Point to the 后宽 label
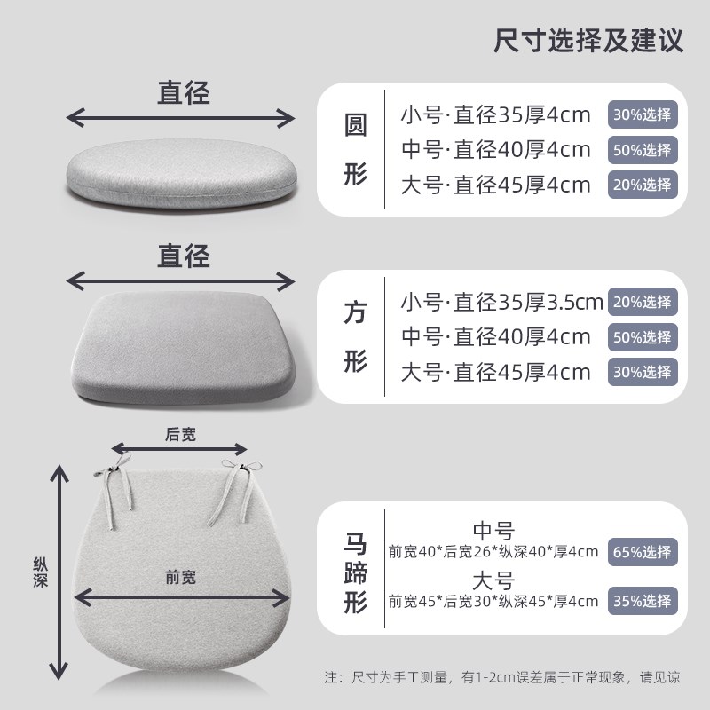[180, 434]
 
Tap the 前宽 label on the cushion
[180, 578]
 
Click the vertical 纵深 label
[39, 572]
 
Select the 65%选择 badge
[643, 552]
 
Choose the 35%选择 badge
[643, 601]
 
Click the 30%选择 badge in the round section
[643, 114]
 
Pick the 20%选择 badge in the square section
[643, 302]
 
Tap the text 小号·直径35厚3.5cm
[501, 302]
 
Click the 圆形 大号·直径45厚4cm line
[495, 185]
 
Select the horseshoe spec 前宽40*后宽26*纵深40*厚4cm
[493, 552]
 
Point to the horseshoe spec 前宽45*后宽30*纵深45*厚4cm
[493, 601]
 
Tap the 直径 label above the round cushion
[184, 93]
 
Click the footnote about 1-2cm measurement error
[502, 677]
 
